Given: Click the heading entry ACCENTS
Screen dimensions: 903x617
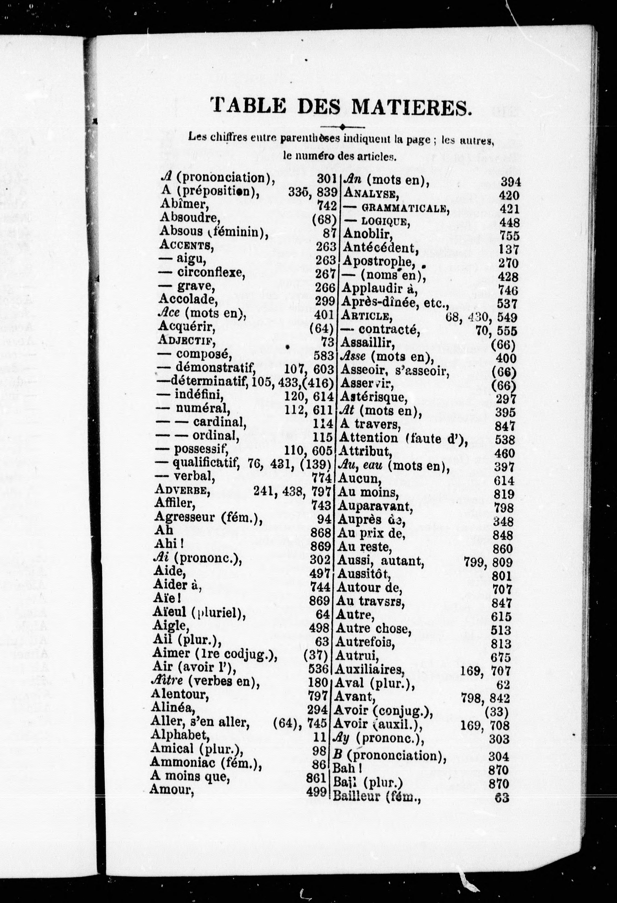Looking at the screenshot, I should point(186,245).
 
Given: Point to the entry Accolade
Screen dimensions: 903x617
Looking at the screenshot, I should point(187,299).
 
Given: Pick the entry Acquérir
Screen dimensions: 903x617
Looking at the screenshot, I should point(187,327).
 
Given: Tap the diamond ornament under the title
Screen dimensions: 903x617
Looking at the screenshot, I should point(342,127).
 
